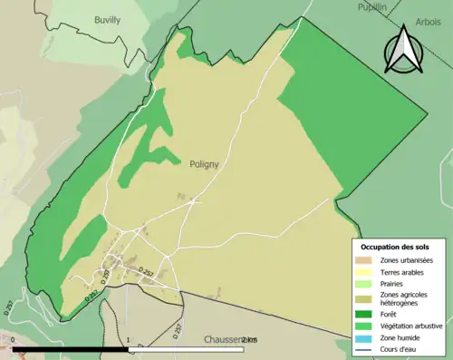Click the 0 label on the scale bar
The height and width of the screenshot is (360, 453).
point(14,340)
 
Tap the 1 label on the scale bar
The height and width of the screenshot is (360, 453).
point(130,340)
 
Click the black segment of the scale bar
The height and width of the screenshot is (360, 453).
point(72,349)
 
